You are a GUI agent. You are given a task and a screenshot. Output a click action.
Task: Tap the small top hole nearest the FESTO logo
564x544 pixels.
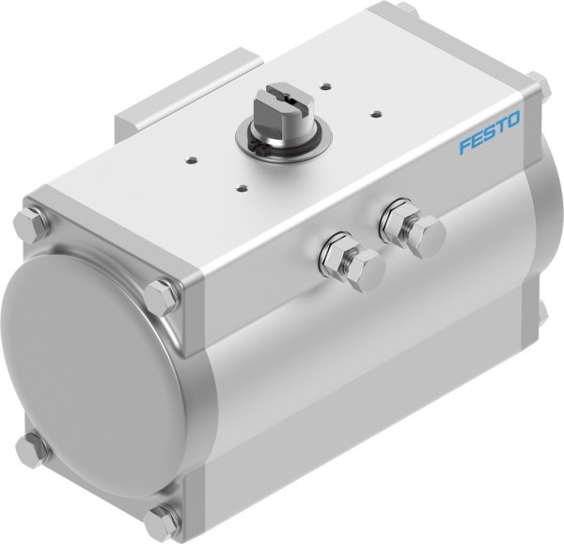click(x=375, y=115)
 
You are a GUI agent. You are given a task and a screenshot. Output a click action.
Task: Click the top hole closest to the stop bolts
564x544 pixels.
click(x=243, y=187)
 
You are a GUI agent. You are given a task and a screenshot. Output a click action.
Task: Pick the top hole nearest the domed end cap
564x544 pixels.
click(x=192, y=155)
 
